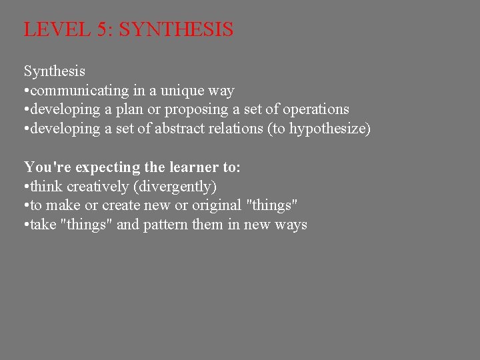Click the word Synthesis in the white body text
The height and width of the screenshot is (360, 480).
[x=55, y=71]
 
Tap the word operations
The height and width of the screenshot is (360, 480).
[x=315, y=109]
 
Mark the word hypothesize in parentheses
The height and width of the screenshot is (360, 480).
[x=327, y=129]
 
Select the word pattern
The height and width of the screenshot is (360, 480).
[x=166, y=225]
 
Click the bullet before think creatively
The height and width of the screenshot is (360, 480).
[x=26, y=187]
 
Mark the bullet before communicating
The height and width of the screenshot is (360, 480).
[x=26, y=90]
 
